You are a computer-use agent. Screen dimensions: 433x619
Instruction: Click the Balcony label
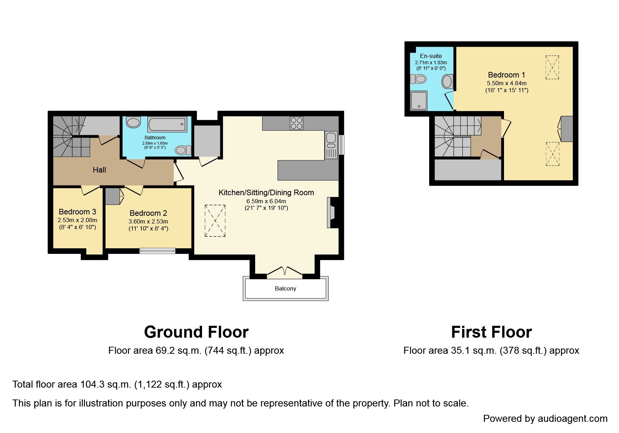pos(285,288)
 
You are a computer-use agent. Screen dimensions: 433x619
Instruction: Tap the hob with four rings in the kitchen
pos(296,123)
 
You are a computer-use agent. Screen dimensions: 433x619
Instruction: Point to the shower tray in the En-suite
pos(419,101)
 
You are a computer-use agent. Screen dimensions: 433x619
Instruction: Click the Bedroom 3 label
pos(77,212)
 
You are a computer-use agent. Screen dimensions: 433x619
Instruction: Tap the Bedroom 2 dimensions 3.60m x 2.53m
pos(148,221)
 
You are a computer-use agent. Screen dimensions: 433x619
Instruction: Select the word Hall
pos(99,170)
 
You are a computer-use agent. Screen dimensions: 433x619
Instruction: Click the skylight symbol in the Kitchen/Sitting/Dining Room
pos(215,221)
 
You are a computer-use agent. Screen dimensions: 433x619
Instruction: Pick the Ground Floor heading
pos(196,332)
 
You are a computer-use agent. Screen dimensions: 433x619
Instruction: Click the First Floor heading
pos(491,332)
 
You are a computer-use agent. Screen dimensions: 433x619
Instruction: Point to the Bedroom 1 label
pos(506,75)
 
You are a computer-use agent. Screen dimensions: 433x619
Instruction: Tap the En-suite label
pos(431,56)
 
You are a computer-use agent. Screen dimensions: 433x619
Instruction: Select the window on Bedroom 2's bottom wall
pos(157,250)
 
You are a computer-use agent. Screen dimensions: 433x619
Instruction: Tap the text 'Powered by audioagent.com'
pos(545,418)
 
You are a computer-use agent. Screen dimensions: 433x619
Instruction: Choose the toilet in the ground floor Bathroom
pos(183,150)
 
